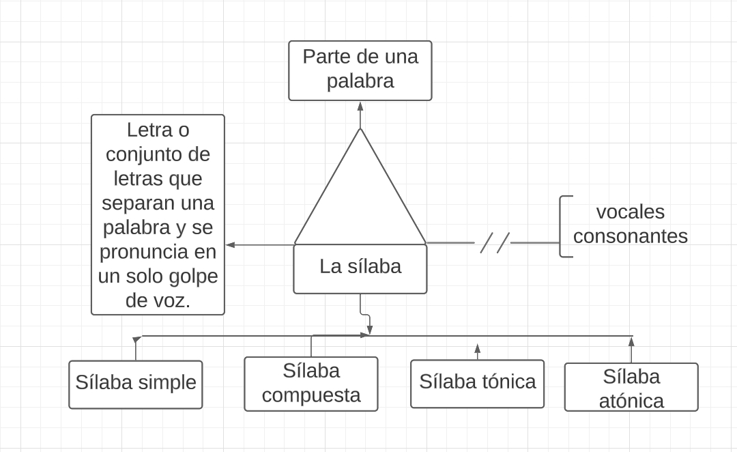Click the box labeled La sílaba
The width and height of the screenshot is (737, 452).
click(360, 268)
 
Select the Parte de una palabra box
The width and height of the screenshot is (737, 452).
click(360, 70)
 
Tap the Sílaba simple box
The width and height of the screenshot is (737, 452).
click(135, 384)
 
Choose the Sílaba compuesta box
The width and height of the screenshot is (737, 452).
click(310, 384)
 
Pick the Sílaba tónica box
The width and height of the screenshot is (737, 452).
click(477, 382)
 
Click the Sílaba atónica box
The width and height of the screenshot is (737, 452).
click(631, 387)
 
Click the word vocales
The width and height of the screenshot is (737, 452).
click(630, 212)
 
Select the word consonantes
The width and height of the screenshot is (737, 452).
click(630, 236)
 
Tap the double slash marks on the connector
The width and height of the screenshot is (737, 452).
click(495, 242)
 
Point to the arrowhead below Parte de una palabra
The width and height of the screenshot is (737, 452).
click(360, 106)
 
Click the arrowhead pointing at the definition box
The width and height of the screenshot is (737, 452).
click(231, 244)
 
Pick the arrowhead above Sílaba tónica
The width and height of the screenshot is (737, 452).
click(477, 348)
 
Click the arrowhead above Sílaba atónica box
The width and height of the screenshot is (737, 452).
click(631, 340)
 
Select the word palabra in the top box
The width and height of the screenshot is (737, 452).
click(360, 81)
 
